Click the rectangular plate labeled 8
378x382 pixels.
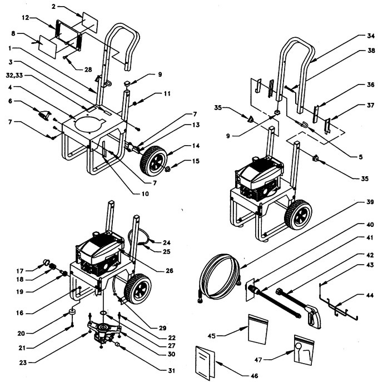pyautogui.click(x=49, y=46)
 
